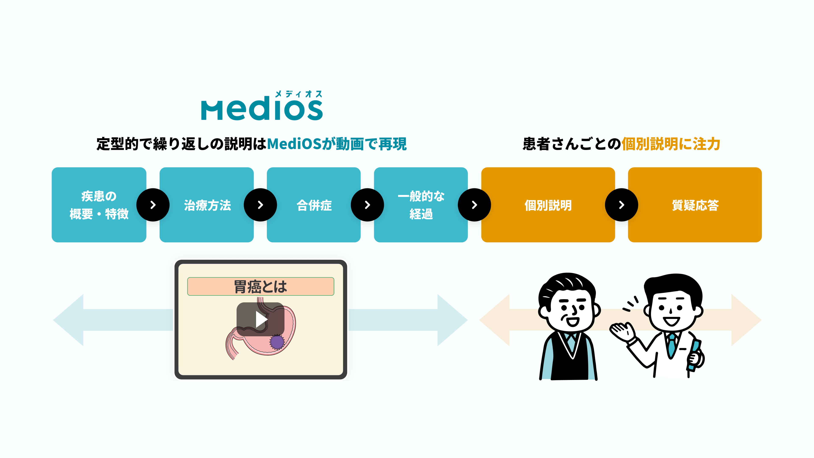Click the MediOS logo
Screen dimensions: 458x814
262,109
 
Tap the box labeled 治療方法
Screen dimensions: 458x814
207,205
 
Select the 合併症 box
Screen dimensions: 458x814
314,205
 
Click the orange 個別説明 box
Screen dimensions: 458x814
548,205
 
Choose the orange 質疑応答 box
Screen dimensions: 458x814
695,205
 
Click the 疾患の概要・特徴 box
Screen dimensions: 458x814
99,205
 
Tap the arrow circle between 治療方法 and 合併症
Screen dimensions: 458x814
260,205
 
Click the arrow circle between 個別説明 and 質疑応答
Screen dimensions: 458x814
621,205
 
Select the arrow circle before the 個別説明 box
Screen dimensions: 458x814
474,205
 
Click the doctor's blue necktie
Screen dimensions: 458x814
671,345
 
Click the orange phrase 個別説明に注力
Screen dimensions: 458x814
670,144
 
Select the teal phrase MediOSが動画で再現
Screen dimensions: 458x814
337,144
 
